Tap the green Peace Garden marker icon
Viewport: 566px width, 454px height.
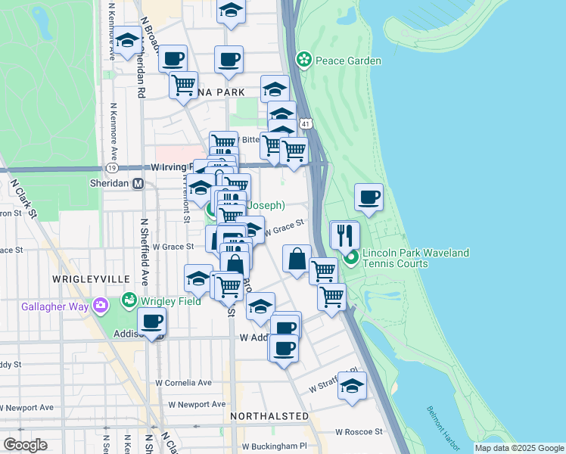coord(304,60)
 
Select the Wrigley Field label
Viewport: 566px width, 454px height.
coord(169,301)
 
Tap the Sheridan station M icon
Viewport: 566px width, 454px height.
coord(138,183)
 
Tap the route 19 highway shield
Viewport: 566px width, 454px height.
coord(111,167)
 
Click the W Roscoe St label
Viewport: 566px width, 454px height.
coord(359,431)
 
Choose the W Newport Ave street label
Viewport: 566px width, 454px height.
coord(197,405)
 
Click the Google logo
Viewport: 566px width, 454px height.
coord(25,445)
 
